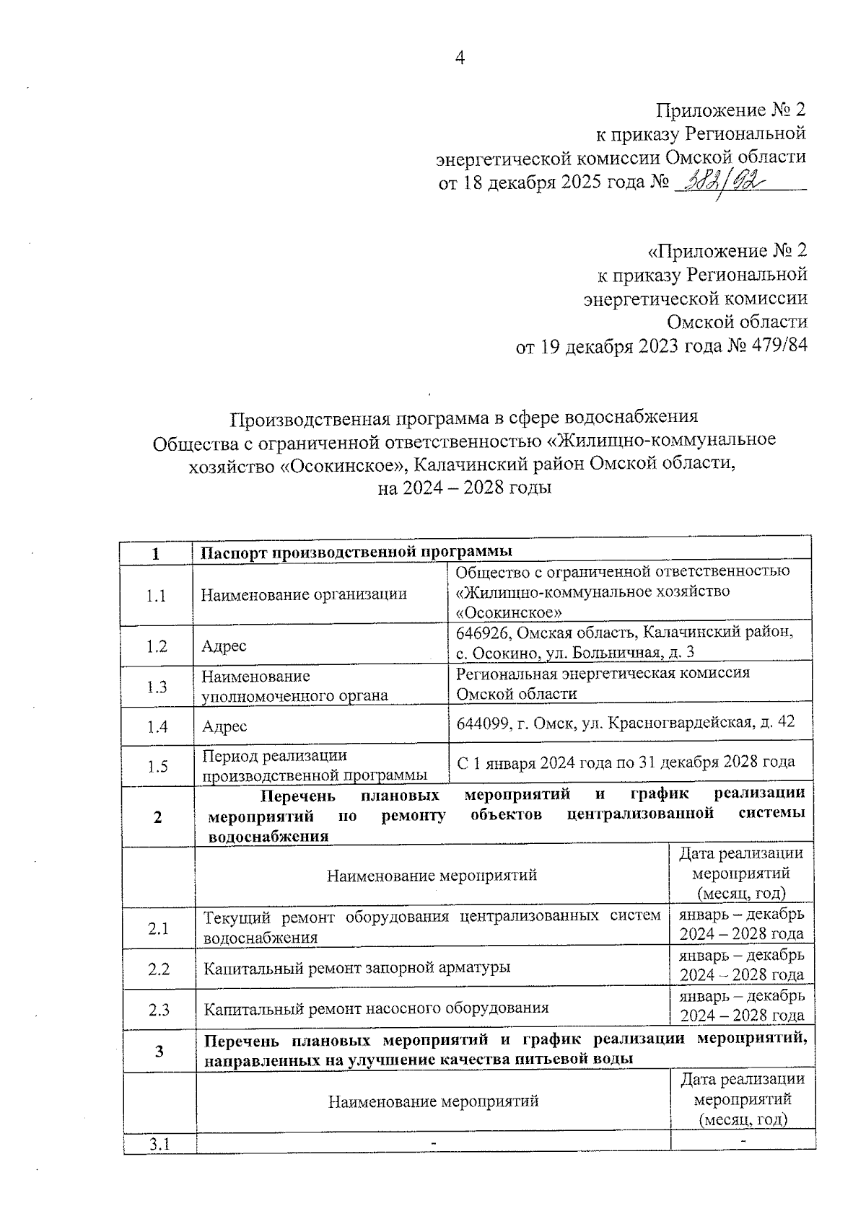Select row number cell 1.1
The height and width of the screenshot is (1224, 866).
tap(157, 596)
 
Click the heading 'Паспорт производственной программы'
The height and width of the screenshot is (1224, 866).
tap(356, 552)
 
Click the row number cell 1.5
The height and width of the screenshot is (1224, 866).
tap(157, 767)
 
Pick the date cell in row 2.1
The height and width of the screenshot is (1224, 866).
tap(741, 925)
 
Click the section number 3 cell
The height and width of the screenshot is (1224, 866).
tap(159, 1052)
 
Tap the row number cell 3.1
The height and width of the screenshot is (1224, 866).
tap(159, 1145)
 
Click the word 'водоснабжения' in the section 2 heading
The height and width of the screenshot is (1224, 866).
tap(268, 837)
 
